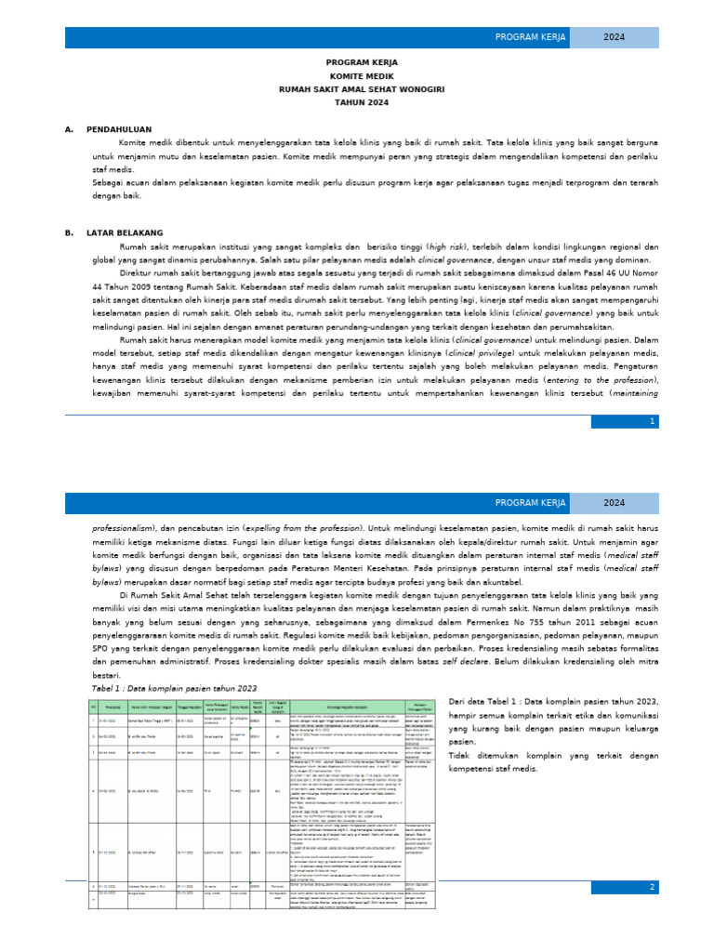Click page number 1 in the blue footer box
click(653, 421)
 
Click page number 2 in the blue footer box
click(653, 886)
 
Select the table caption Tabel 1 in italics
click(175, 689)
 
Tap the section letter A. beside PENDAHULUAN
click(69, 129)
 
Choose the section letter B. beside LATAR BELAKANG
click(69, 231)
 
